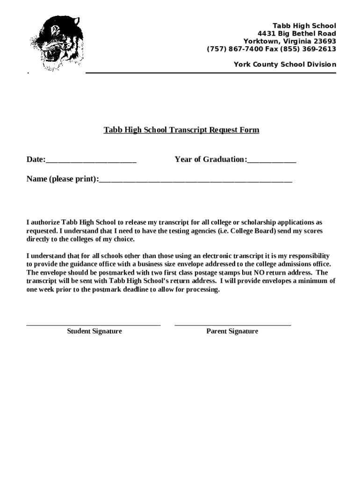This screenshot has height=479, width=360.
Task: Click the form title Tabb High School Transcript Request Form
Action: pyautogui.click(x=181, y=130)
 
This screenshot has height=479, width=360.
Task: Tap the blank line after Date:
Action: pyautogui.click(x=91, y=160)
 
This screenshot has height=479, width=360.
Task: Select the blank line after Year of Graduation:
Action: pyautogui.click(x=272, y=160)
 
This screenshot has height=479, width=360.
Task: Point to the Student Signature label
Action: pyautogui.click(x=94, y=331)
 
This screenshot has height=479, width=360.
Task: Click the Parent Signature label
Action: pyautogui.click(x=232, y=331)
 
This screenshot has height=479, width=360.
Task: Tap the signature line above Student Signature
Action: pyautogui.click(x=94, y=324)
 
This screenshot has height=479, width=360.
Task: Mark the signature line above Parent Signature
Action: pyautogui.click(x=232, y=324)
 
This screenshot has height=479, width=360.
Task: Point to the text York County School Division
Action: pyautogui.click(x=285, y=65)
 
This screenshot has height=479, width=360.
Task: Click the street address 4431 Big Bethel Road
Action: pyautogui.click(x=297, y=33)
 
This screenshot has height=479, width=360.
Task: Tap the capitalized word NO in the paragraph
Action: pyautogui.click(x=259, y=273)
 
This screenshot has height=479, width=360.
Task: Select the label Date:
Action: pyautogui.click(x=36, y=160)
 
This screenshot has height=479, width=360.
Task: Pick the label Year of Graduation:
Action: pyautogui.click(x=211, y=160)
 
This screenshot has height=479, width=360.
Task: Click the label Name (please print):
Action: pyautogui.click(x=63, y=179)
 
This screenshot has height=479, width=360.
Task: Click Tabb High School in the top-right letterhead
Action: pyautogui.click(x=304, y=25)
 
